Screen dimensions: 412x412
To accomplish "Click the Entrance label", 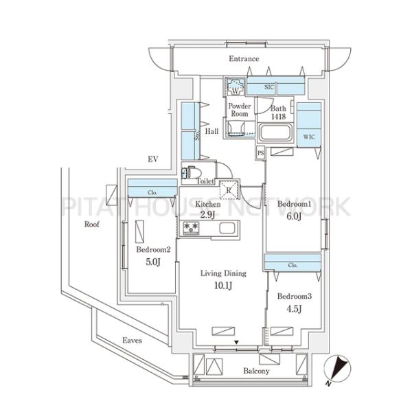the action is pyautogui.click(x=244, y=58).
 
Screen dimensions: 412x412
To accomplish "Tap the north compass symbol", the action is pyautogui.click(x=337, y=369).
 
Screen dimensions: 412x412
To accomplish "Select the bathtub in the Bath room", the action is pyautogui.click(x=275, y=133).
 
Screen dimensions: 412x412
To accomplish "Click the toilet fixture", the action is pyautogui.click(x=192, y=172).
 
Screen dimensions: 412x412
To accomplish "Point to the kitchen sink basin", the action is pyautogui.click(x=227, y=228).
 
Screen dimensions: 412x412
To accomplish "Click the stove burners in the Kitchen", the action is pyautogui.click(x=191, y=228).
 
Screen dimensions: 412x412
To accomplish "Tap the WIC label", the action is pyautogui.click(x=309, y=137).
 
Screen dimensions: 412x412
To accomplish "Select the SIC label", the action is pyautogui.click(x=268, y=87).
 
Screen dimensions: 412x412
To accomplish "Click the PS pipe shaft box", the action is pyautogui.click(x=260, y=153).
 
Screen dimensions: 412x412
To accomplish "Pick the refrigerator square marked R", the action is pyautogui.click(x=229, y=190).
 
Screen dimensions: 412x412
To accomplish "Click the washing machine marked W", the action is pyautogui.click(x=235, y=87).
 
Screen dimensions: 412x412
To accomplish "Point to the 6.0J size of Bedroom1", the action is pyautogui.click(x=293, y=216).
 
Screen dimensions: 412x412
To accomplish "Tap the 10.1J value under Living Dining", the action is pyautogui.click(x=223, y=286).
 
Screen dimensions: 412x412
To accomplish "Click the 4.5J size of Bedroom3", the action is pyautogui.click(x=294, y=309).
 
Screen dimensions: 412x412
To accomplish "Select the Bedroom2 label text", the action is pyautogui.click(x=153, y=249).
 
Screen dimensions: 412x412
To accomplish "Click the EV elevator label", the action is pyautogui.click(x=153, y=159).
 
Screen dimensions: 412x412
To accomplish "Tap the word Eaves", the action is pyautogui.click(x=132, y=341).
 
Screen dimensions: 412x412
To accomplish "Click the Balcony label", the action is pyautogui.click(x=256, y=371).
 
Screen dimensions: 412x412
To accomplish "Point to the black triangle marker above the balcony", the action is pyautogui.click(x=236, y=343).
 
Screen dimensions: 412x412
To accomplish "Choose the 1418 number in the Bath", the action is pyautogui.click(x=278, y=117).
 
